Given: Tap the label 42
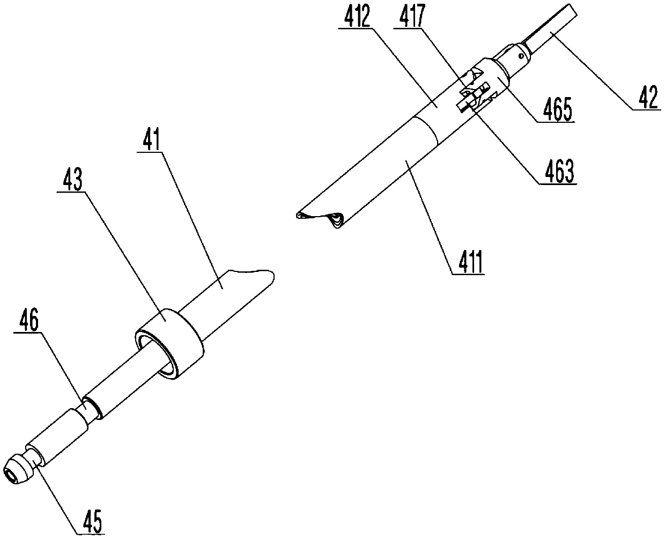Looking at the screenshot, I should (x=646, y=98).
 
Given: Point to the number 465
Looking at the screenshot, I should (x=558, y=112).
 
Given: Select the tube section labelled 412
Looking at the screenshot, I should (x=440, y=113).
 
